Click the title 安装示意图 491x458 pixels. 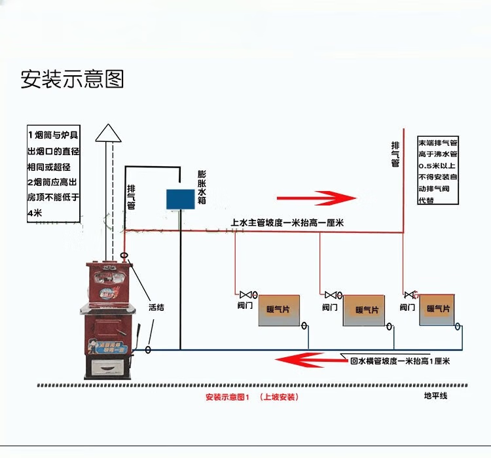(73, 79)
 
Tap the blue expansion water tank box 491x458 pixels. (181, 199)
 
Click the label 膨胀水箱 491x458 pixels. (202, 188)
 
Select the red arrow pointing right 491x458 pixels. (316, 197)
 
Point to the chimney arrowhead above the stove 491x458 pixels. (109, 133)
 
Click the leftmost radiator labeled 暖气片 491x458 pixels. (278, 310)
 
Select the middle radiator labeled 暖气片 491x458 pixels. (367, 311)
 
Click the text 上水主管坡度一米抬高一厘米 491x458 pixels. (288, 223)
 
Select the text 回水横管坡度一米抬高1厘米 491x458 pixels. (400, 361)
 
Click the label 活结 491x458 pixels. (156, 306)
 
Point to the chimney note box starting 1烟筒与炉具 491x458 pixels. (54, 173)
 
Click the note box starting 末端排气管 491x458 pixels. (438, 170)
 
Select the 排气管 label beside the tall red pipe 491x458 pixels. (395, 154)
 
